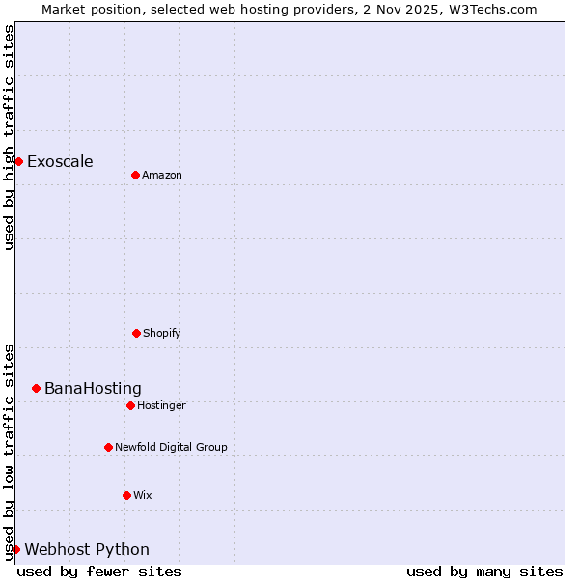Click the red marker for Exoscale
click(x=18, y=161)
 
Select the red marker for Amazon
click(x=135, y=175)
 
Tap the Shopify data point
click(x=136, y=333)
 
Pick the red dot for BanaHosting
click(x=36, y=388)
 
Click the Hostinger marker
click(x=130, y=405)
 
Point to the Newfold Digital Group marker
click(x=108, y=447)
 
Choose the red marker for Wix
click(x=126, y=495)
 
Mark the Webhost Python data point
click(x=15, y=549)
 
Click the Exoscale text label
click(x=60, y=161)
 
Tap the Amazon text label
click(x=162, y=175)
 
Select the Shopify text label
click(x=161, y=333)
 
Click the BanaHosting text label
click(x=93, y=388)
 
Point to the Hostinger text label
click(x=161, y=405)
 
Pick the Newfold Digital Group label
click(x=171, y=447)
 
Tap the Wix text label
click(x=143, y=495)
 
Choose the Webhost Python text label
click(x=87, y=549)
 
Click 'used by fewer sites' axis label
click(x=99, y=571)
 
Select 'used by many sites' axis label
click(x=484, y=571)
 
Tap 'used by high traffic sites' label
click(x=9, y=137)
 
